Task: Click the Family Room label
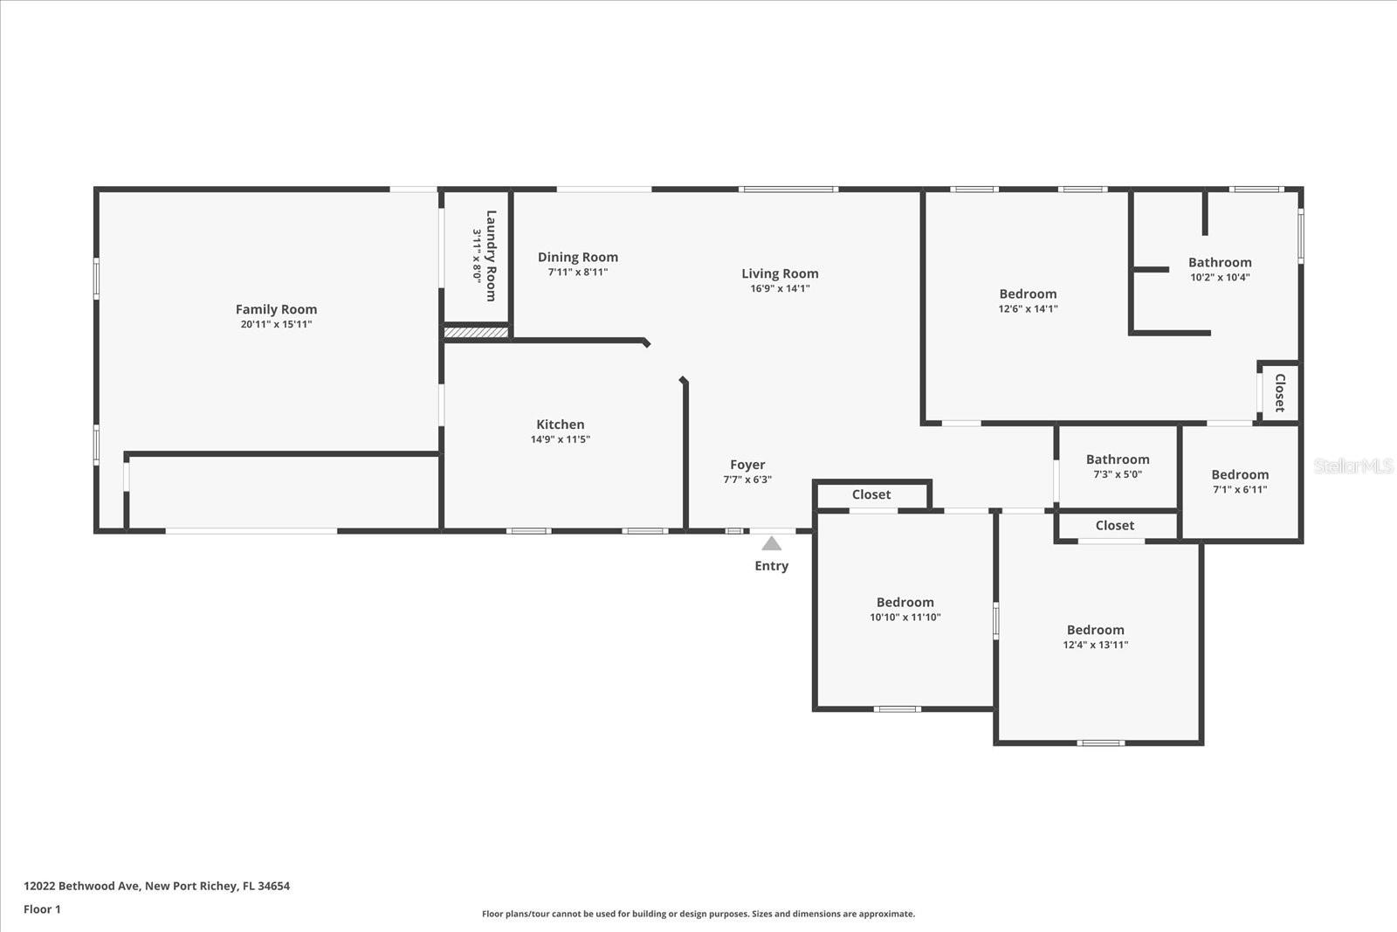(276, 309)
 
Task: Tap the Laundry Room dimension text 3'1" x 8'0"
(478, 255)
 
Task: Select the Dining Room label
(577, 257)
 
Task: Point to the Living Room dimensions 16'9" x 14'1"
(780, 288)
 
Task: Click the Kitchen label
(560, 425)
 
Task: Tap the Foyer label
(747, 465)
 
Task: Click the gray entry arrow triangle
(772, 544)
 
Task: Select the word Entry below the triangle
(771, 566)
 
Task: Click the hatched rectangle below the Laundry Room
(476, 332)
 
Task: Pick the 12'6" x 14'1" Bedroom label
(1028, 294)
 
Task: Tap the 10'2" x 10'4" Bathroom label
(1220, 262)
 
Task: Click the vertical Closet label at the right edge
(1280, 393)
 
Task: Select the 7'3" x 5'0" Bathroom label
(1118, 459)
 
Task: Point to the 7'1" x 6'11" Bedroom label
(1240, 475)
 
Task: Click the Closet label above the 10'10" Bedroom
(871, 494)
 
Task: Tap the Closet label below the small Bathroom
(1115, 525)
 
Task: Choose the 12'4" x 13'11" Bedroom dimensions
(1095, 645)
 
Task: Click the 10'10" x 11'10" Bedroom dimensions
(905, 617)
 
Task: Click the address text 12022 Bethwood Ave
(82, 886)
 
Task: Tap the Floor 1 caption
(42, 909)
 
